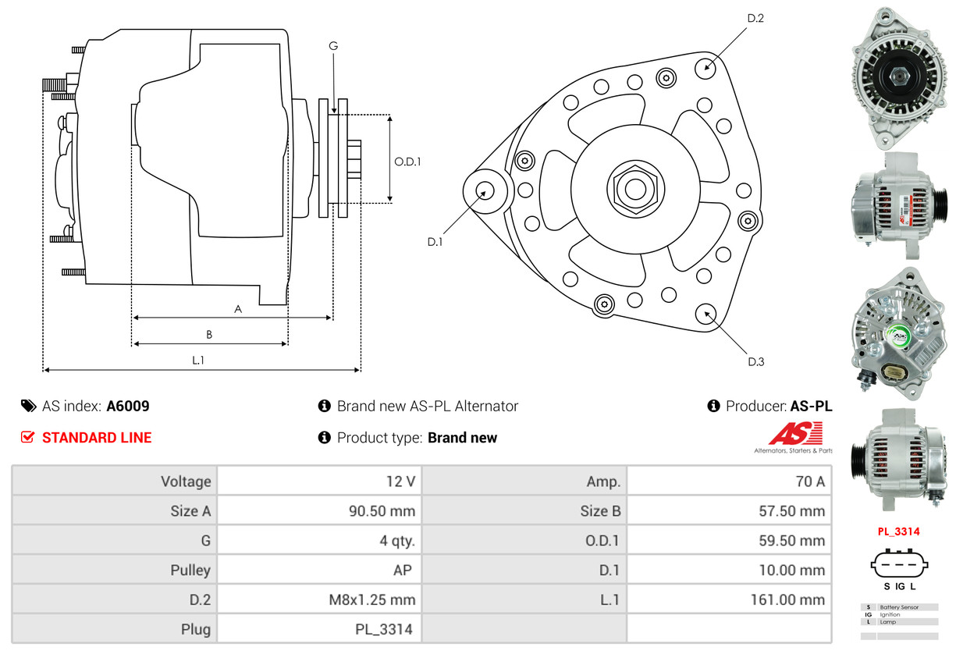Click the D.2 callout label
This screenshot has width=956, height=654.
coord(755,18)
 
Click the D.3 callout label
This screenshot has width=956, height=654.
coord(755,361)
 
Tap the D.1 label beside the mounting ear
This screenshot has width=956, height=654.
coord(435,242)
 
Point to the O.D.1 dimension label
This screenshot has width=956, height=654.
coord(407,162)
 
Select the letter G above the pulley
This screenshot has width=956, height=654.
coord(333,46)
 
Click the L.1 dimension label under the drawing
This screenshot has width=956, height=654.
coord(198,360)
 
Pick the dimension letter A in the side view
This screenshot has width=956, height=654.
coord(238,309)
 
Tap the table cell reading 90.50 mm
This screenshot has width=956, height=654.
coord(382,511)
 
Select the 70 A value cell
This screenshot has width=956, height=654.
coord(809,482)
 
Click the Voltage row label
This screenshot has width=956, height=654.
coord(186,482)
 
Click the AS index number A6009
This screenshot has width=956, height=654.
coord(128,406)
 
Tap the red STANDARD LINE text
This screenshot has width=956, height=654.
coord(97,438)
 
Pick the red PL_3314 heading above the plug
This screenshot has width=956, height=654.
coord(898,531)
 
